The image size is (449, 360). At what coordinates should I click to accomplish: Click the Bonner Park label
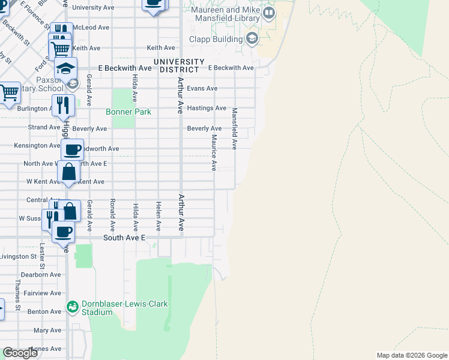pos(128,112)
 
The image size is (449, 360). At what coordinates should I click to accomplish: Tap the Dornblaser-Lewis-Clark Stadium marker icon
pos(73,307)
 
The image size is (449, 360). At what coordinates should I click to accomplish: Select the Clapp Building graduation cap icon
pos(252,40)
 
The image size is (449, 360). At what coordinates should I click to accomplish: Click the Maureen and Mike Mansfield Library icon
pos(268,13)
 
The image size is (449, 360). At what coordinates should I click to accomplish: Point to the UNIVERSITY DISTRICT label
pos(179,65)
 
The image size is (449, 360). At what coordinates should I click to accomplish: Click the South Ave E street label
pos(124,238)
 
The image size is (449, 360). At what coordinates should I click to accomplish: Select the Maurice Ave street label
pos(213,152)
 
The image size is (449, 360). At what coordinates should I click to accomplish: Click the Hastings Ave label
pos(206,108)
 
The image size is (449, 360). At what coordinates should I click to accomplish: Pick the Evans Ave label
pos(202,88)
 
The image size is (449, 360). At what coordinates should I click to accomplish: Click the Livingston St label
pos(18,256)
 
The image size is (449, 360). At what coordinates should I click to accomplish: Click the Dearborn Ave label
pos(41,274)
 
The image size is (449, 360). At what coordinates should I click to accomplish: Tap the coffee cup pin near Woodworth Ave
pos(72,149)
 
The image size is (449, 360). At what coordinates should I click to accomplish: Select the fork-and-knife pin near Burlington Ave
pos(63,105)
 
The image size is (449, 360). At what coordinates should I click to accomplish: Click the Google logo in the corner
pos(20,353)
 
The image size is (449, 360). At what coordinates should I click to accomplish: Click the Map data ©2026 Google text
pos(412,355)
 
